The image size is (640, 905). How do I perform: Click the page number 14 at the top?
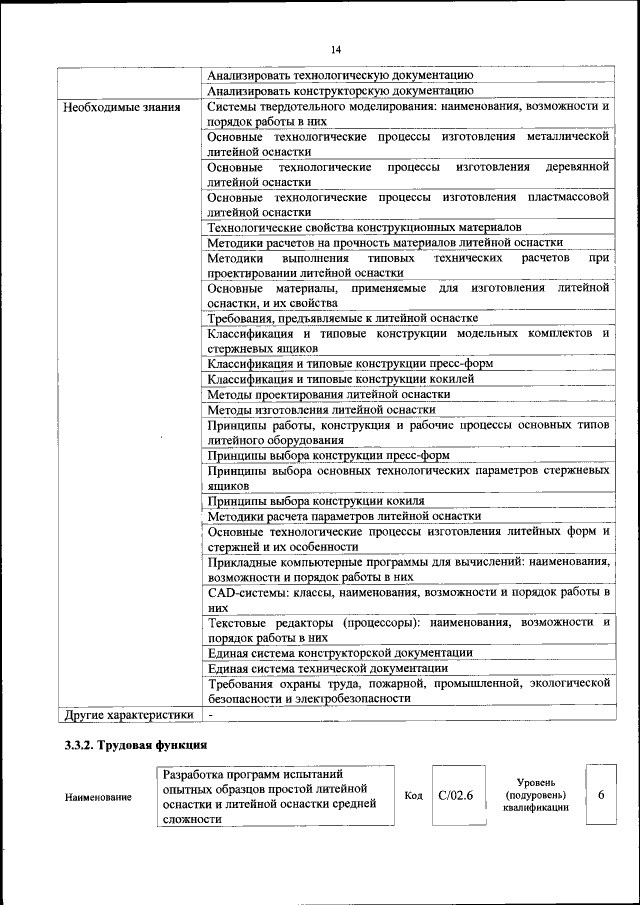(335, 50)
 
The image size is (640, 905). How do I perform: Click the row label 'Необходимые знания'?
(122, 106)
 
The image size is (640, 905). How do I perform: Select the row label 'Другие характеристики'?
(128, 716)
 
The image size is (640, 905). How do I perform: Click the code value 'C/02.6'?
(455, 796)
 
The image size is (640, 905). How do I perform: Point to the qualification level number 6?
(601, 794)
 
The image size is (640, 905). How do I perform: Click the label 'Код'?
(413, 796)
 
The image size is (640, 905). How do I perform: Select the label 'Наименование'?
(98, 797)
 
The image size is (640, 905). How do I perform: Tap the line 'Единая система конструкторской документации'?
(340, 653)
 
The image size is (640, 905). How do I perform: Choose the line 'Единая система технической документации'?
(327, 668)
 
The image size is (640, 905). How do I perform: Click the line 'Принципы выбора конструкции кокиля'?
(316, 501)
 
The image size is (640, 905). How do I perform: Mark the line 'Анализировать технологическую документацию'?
(340, 75)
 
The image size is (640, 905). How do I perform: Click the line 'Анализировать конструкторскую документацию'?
(341, 90)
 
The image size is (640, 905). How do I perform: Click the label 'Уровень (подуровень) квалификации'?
(536, 795)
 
